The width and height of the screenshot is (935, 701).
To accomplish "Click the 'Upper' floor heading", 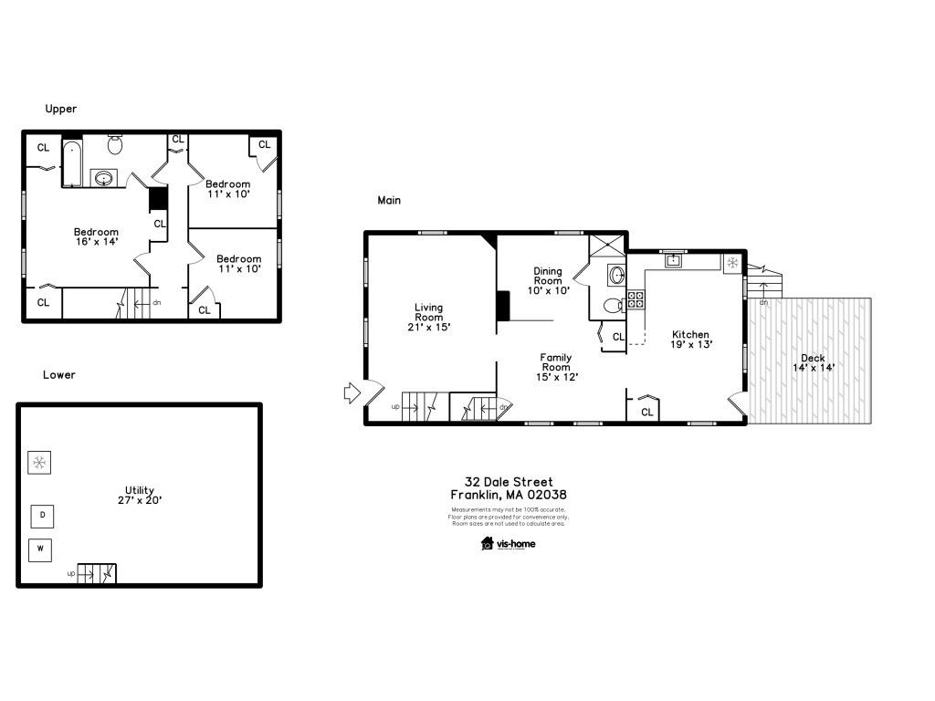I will click(x=61, y=109).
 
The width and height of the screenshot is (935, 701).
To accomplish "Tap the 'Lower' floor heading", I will click(x=59, y=375).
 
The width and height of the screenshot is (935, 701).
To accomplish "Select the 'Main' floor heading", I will click(x=389, y=200).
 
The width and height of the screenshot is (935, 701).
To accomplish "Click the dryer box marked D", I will click(x=42, y=516).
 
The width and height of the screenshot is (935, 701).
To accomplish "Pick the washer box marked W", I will click(x=41, y=549).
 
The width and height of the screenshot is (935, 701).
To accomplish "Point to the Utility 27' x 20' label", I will click(x=140, y=495).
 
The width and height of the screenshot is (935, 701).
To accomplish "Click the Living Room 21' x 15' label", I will click(x=428, y=317).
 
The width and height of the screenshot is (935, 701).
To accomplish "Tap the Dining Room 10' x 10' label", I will click(x=549, y=280).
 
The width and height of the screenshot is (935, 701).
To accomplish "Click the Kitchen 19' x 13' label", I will click(x=690, y=340).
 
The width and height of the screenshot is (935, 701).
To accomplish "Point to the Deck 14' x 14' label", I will click(x=813, y=362).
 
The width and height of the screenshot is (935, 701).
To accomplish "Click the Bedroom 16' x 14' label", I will click(x=96, y=237).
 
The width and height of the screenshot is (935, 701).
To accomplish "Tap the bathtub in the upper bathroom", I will click(x=72, y=163).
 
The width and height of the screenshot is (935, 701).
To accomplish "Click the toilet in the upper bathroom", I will click(x=115, y=144).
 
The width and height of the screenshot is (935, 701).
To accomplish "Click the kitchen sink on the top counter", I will click(x=674, y=261).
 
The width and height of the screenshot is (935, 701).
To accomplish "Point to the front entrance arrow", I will click(x=352, y=392).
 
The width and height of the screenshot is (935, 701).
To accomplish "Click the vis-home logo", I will click(x=509, y=544).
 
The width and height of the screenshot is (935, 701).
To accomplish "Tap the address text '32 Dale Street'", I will click(x=509, y=482).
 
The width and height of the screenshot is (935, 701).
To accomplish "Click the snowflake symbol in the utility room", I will click(x=39, y=463).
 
